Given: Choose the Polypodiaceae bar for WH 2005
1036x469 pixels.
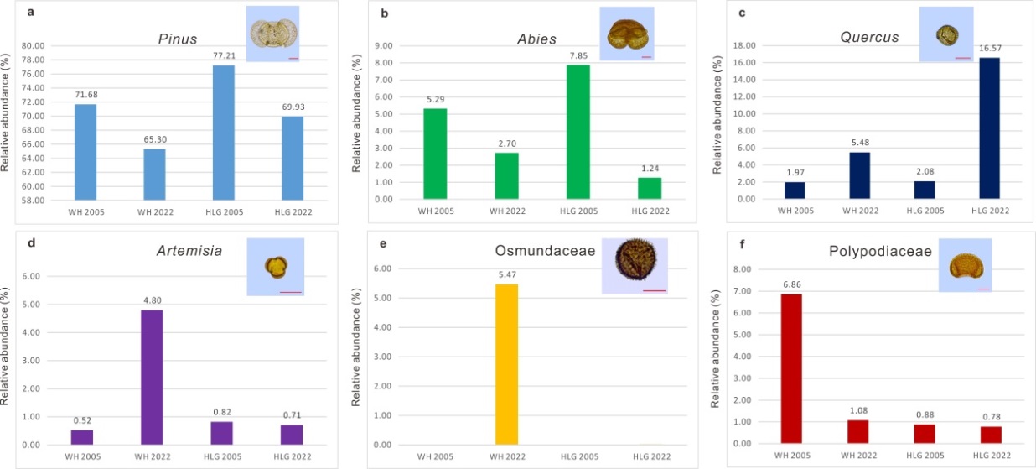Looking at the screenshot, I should tap(792, 368).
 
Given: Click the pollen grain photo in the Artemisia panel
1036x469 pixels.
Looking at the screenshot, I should tap(277, 267).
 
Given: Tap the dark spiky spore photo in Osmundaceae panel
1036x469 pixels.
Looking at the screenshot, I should tap(635, 264).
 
